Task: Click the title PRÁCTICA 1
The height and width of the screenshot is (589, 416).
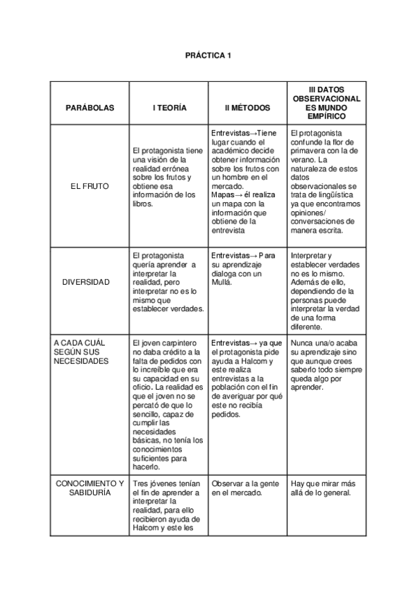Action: click(x=208, y=55)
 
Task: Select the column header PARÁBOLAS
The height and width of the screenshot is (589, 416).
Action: click(x=90, y=108)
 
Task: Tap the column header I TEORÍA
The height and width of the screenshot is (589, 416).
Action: click(x=169, y=108)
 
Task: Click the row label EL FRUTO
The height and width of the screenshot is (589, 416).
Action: click(x=90, y=186)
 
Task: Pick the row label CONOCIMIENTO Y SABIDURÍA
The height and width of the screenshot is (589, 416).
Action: click(x=90, y=488)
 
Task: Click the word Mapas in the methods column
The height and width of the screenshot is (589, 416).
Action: click(x=223, y=195)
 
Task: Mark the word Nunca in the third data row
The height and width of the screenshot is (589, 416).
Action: click(x=302, y=343)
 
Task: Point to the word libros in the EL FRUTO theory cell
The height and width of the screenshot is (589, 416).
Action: click(x=142, y=204)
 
